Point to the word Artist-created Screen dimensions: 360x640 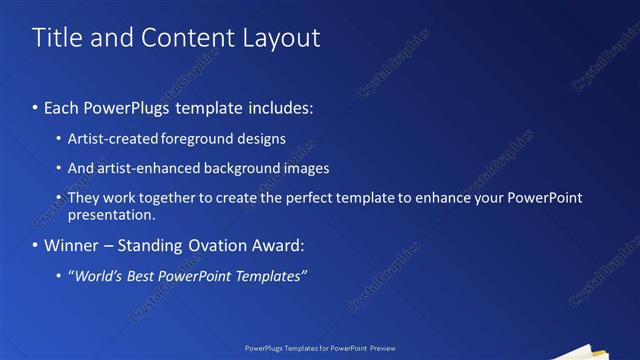point(109,138)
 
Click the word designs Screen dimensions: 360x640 point(259,138)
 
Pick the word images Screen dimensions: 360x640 point(305,168)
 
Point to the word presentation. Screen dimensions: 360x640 point(112,214)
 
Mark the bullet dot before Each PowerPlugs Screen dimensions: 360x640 point(36,107)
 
